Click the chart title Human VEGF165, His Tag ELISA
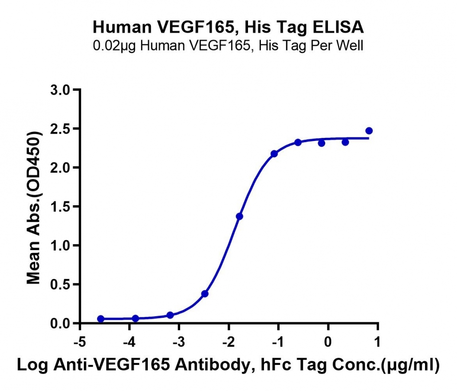228,27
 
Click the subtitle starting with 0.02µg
228,46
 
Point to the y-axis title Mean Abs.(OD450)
34,207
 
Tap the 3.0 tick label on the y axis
61,90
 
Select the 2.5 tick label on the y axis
61,129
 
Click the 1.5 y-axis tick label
61,207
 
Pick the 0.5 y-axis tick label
61,285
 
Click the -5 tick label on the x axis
79,342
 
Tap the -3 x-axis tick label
179,342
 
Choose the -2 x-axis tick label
228,342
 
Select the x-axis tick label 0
328,342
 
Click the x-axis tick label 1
378,342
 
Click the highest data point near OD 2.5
369,131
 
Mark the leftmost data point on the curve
101,319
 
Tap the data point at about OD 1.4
240,216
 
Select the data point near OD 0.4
205,294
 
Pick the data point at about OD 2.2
274,154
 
